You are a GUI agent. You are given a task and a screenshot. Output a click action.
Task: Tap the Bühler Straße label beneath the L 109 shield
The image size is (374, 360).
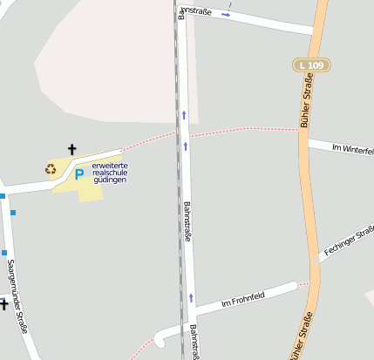coord(306,102)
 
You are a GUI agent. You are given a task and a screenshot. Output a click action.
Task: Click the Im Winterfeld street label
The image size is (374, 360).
coord(352,149)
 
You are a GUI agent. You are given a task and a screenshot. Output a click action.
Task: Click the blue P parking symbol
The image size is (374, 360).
coord(78,174)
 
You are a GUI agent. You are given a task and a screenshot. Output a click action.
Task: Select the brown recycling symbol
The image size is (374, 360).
coord(51,168)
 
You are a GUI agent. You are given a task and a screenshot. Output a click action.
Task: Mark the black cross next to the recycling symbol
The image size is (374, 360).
coord(71,150)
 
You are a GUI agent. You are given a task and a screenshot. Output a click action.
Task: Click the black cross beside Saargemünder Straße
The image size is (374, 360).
coord(3,304)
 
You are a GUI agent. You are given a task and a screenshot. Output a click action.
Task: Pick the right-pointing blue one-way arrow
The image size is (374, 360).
coord(226,15)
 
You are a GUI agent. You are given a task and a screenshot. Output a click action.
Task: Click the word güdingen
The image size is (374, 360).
coord(109,180)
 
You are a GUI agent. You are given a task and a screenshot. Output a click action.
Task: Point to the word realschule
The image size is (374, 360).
coord(109,173)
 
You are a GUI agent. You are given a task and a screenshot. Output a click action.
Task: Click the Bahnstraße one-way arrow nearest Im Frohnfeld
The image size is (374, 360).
coord(191,297)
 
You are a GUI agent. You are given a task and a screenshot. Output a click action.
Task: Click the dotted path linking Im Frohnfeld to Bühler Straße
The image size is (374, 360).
coord(303,283)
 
